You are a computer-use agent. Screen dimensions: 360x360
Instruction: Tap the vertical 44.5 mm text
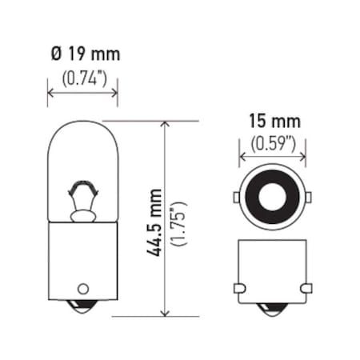tap(154, 222)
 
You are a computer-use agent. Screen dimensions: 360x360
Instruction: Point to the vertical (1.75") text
tap(178, 222)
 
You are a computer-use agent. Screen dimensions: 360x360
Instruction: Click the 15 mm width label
tap(274, 122)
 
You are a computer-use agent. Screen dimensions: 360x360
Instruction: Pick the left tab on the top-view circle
tap(236, 197)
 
